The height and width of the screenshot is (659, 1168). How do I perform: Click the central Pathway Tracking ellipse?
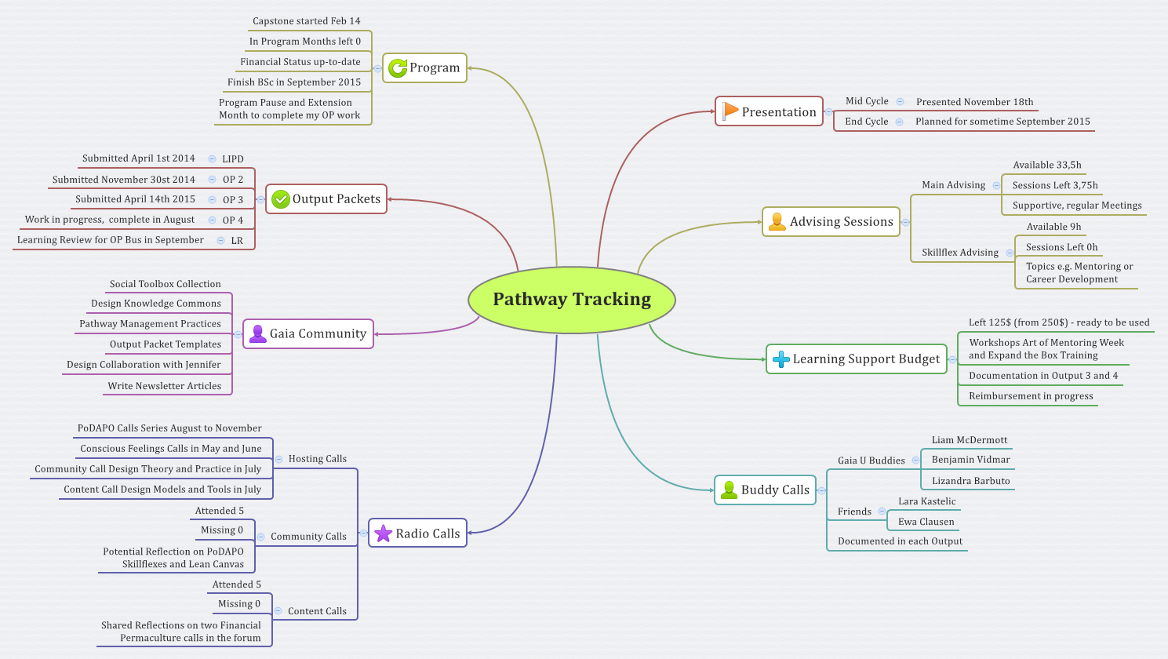(x=572, y=300)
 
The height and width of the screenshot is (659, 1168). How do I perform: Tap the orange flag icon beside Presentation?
(x=730, y=111)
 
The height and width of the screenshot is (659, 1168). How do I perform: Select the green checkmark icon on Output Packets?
(x=280, y=199)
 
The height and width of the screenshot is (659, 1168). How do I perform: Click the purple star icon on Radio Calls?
(x=383, y=533)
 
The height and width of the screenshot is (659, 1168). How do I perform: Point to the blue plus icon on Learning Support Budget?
(x=780, y=359)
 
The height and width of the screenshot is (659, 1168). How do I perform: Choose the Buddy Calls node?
(x=765, y=490)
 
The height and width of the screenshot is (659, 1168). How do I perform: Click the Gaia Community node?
(x=308, y=334)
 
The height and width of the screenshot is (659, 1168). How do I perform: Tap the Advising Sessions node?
(x=831, y=222)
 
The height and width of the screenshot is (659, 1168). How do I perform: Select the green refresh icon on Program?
(x=398, y=68)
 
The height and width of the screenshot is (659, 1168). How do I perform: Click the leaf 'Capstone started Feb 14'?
(x=306, y=21)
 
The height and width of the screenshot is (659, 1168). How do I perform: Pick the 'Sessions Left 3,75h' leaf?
(x=1054, y=186)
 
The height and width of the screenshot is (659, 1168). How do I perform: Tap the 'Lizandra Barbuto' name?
(x=970, y=481)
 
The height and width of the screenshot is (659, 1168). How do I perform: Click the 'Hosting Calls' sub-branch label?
(x=317, y=459)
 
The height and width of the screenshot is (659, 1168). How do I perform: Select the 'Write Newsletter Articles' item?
(x=165, y=386)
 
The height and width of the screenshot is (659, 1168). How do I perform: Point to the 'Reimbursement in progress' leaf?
(x=1030, y=396)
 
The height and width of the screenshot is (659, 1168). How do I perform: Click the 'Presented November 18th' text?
(x=974, y=102)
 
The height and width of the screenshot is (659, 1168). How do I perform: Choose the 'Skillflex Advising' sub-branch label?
(x=959, y=253)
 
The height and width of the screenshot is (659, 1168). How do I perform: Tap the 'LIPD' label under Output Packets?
(x=232, y=159)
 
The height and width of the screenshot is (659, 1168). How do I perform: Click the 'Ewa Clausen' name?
(x=926, y=522)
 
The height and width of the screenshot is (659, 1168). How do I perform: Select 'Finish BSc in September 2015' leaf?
(x=294, y=82)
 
